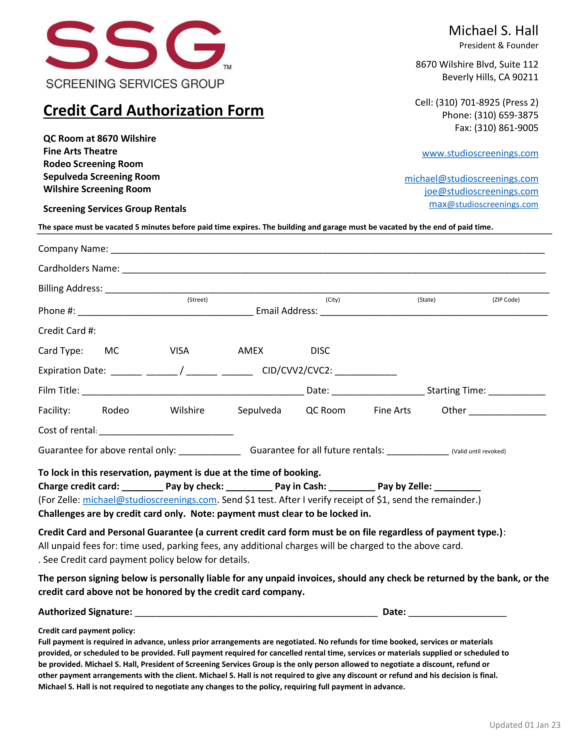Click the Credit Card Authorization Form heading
tap(153, 111)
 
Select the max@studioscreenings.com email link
tap(483, 204)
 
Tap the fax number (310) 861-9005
tap(496, 128)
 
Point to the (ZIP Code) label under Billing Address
tap(506, 300)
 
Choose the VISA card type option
tap(180, 351)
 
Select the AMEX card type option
tap(250, 351)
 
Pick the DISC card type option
tap(320, 351)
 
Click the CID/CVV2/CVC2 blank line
tap(365, 372)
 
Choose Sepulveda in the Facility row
tap(259, 410)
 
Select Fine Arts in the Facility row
tap(392, 410)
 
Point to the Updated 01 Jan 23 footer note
tap(525, 725)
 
